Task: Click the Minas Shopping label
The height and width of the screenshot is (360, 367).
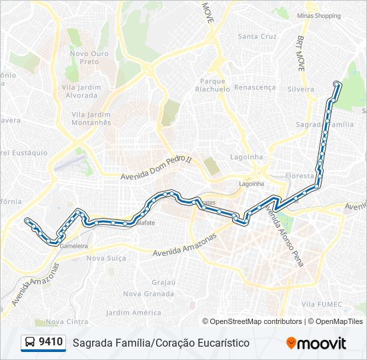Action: point(318,15)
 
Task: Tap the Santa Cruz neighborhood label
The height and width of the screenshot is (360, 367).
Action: point(257,36)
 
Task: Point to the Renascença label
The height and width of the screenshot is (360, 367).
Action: point(255,87)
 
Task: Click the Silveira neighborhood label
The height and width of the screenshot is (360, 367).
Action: point(300,89)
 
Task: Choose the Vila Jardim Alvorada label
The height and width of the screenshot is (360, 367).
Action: point(81,91)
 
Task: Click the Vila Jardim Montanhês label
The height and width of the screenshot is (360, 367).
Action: point(91,118)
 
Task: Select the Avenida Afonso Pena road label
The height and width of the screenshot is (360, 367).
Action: point(285,235)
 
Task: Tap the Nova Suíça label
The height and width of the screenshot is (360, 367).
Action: point(106,258)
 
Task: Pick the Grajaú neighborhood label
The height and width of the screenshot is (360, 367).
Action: point(163,282)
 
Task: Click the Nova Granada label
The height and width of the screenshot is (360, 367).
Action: point(149,293)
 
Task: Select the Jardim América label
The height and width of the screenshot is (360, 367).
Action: point(133,312)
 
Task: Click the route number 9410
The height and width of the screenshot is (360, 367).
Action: point(51,343)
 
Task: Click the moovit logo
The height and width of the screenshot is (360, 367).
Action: point(316,343)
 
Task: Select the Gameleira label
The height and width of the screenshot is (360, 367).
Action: point(74,245)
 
